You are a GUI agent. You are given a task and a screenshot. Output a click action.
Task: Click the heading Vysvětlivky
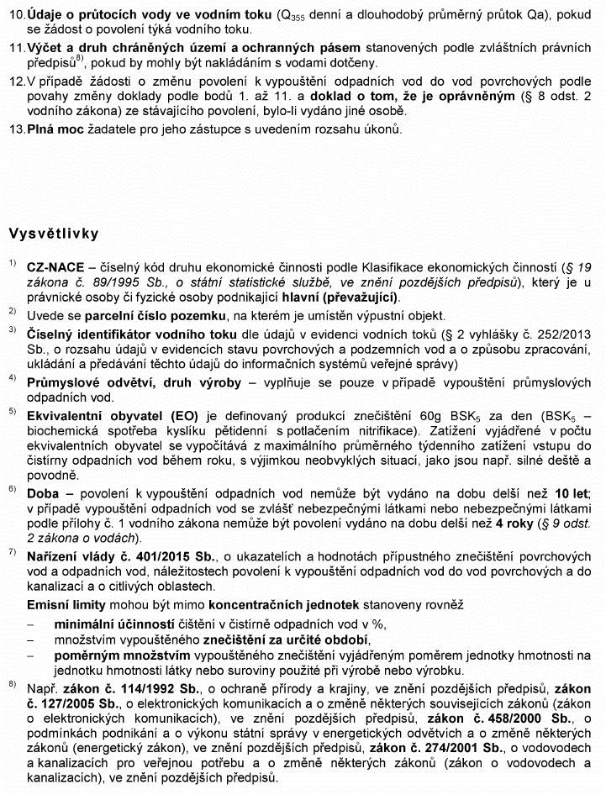pyautogui.click(x=53, y=232)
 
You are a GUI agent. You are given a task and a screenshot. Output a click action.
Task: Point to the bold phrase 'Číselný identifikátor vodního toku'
pyautogui.click(x=131, y=332)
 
